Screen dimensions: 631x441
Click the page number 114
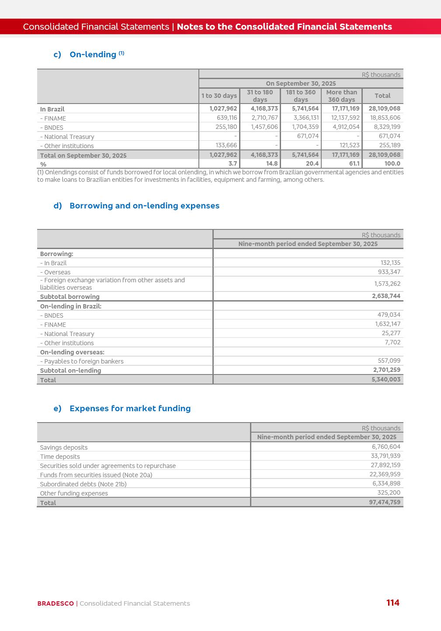(392, 603)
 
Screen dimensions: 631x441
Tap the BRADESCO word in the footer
(56, 603)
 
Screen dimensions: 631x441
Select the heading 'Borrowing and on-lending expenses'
(144, 206)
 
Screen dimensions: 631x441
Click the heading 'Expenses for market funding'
(130, 409)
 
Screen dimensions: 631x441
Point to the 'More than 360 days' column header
(341, 96)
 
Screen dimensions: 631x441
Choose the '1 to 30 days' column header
(219, 96)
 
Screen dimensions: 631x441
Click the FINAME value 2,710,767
(264, 118)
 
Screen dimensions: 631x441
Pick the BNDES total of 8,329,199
(385, 127)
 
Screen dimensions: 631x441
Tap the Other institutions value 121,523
(349, 146)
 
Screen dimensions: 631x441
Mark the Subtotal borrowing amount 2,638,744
(386, 296)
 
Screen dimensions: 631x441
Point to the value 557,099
(389, 361)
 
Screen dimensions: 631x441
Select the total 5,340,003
(385, 380)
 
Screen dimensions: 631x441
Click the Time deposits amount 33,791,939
(385, 456)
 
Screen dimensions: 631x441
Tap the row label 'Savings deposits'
(64, 447)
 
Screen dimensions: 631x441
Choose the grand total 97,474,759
(384, 503)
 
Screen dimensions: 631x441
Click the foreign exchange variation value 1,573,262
(387, 284)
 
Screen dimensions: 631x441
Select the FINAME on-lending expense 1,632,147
(387, 324)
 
